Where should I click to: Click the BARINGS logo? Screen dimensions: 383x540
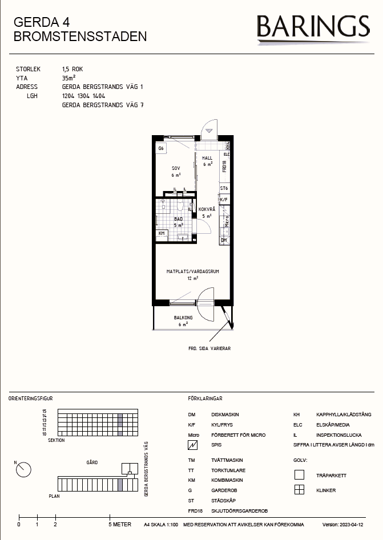[x=313, y=29]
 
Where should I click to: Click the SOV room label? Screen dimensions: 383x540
[x=176, y=168]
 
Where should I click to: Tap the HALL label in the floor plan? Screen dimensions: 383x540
[x=207, y=158]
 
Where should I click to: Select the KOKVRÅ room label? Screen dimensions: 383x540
[x=207, y=209]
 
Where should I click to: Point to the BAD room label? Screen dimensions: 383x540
[x=179, y=219]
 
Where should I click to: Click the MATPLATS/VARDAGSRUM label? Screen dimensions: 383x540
[x=193, y=272]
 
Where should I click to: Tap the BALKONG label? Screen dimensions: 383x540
[x=183, y=318]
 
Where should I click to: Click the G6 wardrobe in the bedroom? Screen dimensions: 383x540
[x=161, y=148]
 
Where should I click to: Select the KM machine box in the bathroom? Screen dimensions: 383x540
[x=162, y=234]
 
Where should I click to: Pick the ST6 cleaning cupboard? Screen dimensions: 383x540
[x=224, y=188]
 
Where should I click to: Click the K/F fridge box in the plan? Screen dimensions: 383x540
[x=224, y=200]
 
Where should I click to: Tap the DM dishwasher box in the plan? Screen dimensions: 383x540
[x=224, y=241]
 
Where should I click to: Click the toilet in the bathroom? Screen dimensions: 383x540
[x=180, y=206]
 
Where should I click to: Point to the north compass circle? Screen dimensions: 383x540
[x=24, y=470]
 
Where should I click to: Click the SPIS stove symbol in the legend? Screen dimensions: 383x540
[x=193, y=445]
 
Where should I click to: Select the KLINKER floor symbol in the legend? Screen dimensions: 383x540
[x=299, y=490]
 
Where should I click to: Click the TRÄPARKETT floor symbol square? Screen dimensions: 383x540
[x=299, y=475]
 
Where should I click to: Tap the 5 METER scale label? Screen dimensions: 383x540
[x=120, y=525]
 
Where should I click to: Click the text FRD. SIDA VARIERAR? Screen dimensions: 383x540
[x=209, y=348]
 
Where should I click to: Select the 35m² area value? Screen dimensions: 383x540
[x=69, y=78]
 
